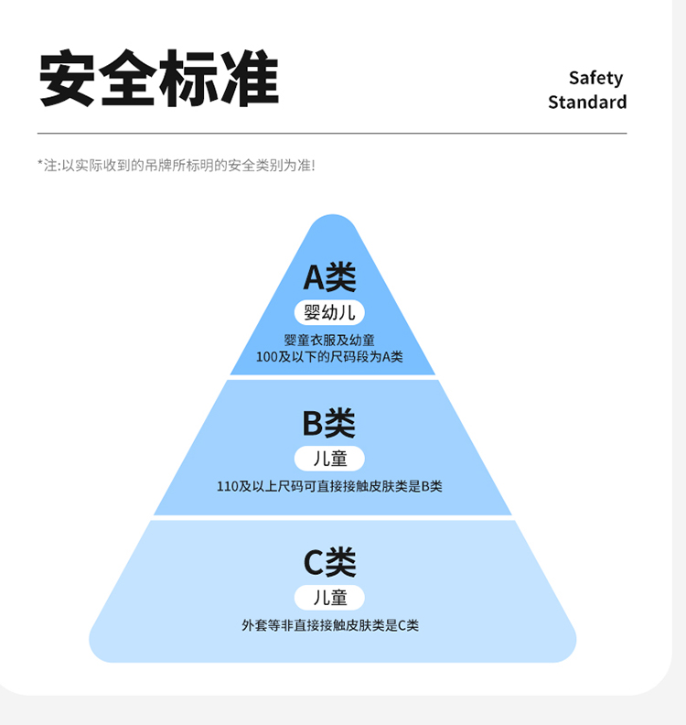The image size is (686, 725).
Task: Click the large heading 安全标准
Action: pos(158,79)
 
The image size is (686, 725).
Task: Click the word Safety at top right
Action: pos(595,78)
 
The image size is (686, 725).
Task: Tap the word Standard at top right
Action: pos(587,102)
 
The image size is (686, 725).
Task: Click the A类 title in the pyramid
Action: pos(329,277)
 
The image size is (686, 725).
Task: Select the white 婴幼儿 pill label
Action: pos(329,312)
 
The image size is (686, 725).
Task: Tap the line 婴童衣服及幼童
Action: pos(329,340)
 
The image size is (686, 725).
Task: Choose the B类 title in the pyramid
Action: pos(329,423)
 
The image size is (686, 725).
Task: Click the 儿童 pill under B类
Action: pos(329,458)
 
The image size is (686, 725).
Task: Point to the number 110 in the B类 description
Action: pos(227,486)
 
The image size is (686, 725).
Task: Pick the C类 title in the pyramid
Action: pos(329,562)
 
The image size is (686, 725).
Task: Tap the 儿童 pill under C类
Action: pos(329,598)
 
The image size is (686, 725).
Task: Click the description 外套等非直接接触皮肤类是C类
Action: pos(329,626)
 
